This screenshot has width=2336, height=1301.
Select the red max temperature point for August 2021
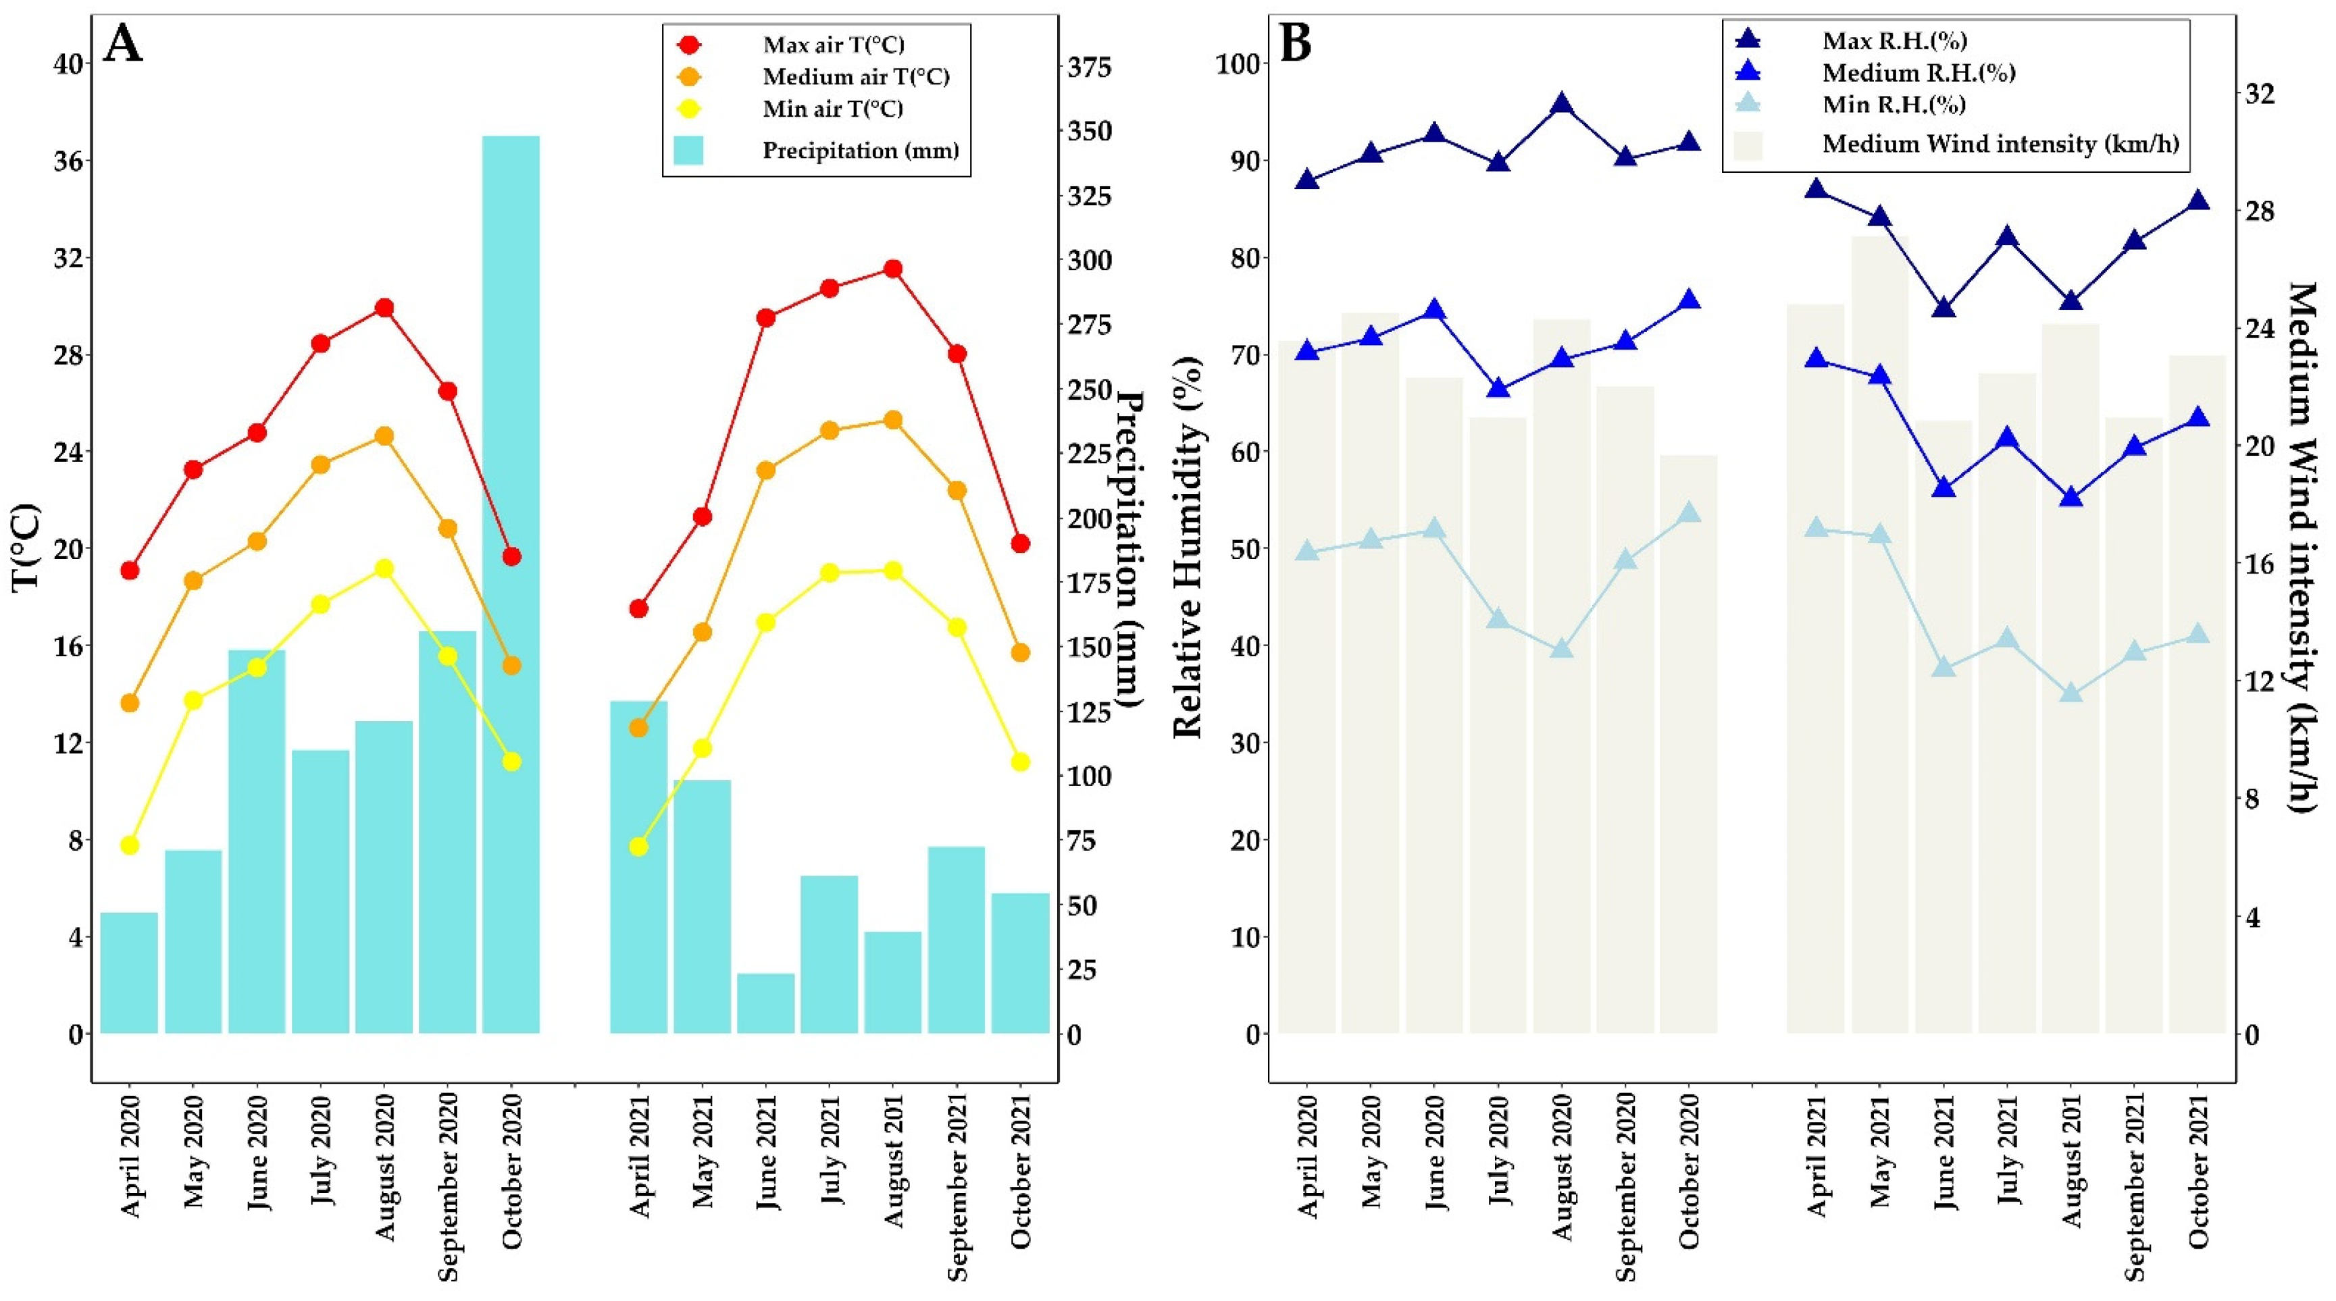point(892,268)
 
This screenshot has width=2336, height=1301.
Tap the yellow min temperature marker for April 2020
point(130,845)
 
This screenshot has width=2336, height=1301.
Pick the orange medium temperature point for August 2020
point(384,436)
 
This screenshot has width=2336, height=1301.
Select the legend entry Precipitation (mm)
point(860,151)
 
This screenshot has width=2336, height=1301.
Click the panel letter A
point(124,43)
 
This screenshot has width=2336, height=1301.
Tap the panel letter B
point(1295,43)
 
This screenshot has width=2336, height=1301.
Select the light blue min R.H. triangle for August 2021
point(2071,693)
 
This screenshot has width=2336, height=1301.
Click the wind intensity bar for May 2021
point(1880,635)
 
